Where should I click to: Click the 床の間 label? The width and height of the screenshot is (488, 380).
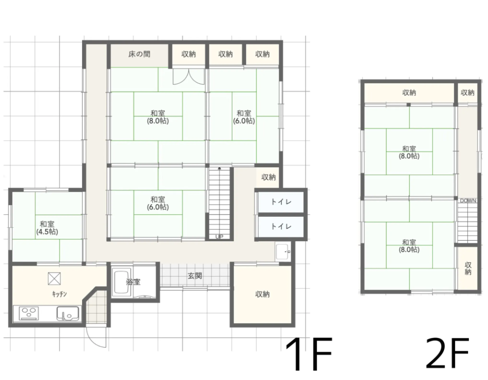click(139, 54)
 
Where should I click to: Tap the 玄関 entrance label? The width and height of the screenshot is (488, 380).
click(195, 276)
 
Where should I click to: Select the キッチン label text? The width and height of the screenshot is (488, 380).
click(59, 294)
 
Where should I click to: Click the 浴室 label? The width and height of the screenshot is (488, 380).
click(133, 282)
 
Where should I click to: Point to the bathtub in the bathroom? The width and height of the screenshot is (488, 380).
click(121, 283)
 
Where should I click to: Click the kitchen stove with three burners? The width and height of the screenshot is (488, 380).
click(29, 313)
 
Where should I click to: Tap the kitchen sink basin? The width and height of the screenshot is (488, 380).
click(68, 313)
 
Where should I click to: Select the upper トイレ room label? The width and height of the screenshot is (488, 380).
click(281, 202)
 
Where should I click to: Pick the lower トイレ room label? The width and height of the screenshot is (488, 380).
click(281, 226)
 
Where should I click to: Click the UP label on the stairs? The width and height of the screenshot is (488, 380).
click(219, 237)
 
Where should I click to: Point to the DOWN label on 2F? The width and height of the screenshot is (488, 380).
click(468, 201)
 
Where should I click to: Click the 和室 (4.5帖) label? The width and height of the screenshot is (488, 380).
click(47, 228)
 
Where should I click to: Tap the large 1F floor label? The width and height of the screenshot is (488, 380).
click(308, 355)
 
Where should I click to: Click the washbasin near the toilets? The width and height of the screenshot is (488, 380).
click(283, 251)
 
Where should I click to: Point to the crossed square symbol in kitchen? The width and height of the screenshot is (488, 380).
click(54, 279)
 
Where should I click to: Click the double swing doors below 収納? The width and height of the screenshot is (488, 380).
click(188, 76)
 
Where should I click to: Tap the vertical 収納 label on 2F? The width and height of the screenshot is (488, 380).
click(468, 269)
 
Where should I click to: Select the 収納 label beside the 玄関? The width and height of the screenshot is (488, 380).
click(262, 294)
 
